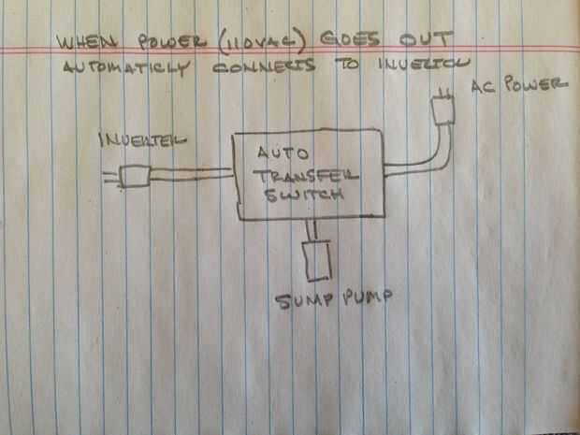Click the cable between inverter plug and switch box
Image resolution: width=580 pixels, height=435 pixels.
pos(192,174)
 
